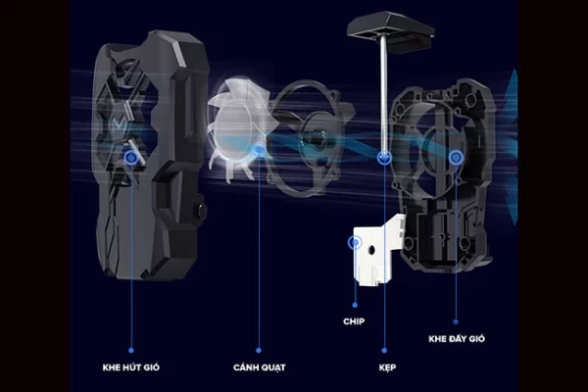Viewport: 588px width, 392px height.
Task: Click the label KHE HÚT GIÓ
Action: click(x=131, y=367)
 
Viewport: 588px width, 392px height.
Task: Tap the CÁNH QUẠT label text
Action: click(x=259, y=367)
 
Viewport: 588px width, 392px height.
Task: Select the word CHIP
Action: click(x=354, y=321)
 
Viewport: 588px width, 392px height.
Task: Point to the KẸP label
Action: click(x=387, y=367)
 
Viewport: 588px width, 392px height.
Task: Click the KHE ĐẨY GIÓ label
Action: click(x=457, y=338)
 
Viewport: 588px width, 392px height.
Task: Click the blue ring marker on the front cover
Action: click(x=131, y=158)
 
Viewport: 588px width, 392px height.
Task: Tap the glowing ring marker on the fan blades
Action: click(x=259, y=150)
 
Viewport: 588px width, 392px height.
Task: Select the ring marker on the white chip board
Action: click(x=355, y=243)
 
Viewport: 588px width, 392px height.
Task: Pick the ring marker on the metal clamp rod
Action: click(x=384, y=157)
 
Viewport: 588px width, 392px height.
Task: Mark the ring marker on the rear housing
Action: click(x=456, y=158)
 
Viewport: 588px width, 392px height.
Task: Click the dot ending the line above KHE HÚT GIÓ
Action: click(x=131, y=351)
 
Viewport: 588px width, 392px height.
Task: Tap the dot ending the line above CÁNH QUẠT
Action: click(x=259, y=351)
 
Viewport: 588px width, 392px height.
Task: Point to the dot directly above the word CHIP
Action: click(x=355, y=306)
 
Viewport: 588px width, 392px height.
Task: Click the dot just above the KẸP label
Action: click(x=384, y=351)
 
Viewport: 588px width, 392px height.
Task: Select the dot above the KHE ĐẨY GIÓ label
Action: click(x=456, y=321)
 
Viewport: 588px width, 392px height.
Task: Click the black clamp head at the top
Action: click(x=391, y=30)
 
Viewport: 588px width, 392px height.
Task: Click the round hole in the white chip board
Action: click(x=371, y=250)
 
